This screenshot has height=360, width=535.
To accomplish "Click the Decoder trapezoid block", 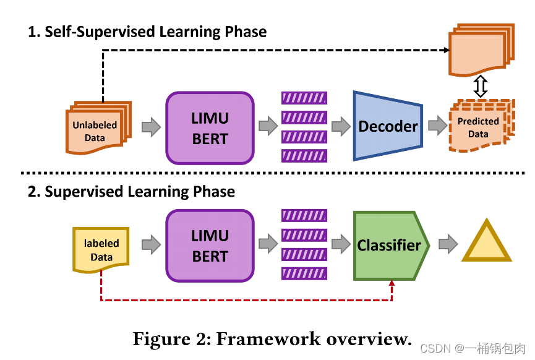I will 388,126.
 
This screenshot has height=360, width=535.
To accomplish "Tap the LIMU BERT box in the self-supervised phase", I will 210,128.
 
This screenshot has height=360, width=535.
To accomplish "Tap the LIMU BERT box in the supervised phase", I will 210,246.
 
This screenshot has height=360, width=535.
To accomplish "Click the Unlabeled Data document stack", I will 96,129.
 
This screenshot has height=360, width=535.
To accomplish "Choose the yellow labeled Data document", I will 101,249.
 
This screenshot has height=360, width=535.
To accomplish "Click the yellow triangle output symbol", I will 486,243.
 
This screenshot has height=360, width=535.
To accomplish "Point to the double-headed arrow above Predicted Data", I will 481,86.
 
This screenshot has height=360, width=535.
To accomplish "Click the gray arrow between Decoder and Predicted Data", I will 437,127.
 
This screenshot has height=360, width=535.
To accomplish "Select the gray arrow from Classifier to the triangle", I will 447,245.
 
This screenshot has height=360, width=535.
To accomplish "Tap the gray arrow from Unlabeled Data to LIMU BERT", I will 151,127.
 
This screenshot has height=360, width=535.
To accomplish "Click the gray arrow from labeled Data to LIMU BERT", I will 151,246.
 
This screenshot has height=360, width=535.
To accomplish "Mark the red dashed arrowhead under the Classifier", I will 392,283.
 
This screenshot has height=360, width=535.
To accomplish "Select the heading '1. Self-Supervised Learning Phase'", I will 147,32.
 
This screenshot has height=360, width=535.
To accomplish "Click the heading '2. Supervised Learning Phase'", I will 131,192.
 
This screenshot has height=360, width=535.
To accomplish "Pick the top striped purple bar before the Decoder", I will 304,97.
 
